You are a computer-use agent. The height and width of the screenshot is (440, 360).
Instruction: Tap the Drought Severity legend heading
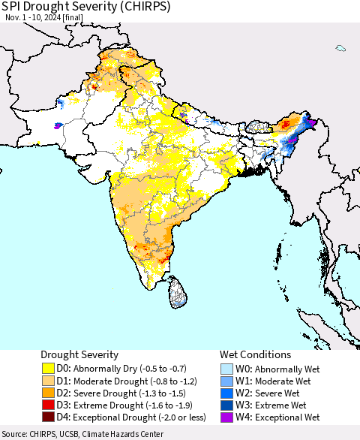[81, 354]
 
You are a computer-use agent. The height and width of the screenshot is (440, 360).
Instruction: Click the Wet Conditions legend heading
[255, 354]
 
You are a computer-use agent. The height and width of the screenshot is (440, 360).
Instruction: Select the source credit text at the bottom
[82, 434]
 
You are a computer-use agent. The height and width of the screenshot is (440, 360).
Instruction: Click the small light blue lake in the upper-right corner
[340, 48]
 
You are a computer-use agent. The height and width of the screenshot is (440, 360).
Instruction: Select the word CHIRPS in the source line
[46, 434]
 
